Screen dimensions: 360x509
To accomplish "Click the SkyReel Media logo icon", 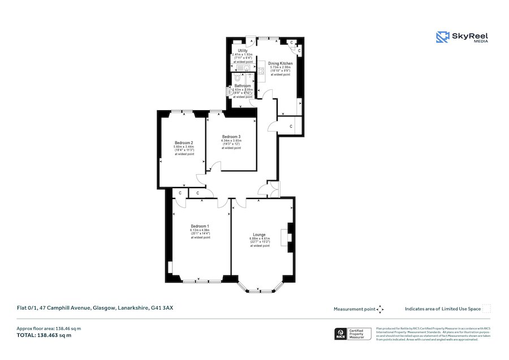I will (x=442, y=37).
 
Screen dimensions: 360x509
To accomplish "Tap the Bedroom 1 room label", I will (x=200, y=226).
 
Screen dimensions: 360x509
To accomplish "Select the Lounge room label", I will (x=260, y=235).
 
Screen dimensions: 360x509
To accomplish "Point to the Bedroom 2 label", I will (x=184, y=142).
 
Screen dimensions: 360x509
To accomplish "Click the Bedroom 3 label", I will (x=231, y=137).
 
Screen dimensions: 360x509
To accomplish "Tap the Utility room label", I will (x=243, y=51).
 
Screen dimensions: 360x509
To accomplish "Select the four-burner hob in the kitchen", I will (x=261, y=71).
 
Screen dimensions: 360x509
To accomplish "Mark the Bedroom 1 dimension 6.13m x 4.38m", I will (x=200, y=230).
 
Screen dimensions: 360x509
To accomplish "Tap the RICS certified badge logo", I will (x=340, y=334).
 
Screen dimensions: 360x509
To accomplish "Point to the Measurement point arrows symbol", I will (x=380, y=309).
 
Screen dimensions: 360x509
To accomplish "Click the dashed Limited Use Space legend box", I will (x=486, y=309).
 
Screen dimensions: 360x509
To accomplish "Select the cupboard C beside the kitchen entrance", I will (x=291, y=126).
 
